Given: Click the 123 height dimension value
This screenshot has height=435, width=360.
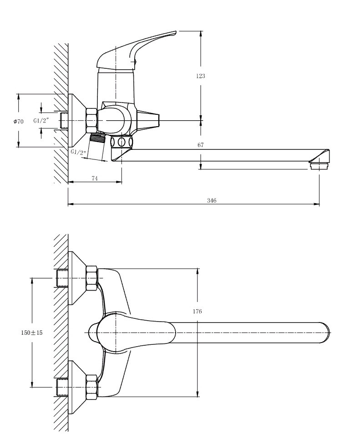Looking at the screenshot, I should [200, 76].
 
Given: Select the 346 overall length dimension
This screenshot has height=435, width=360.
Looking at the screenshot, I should [212, 200].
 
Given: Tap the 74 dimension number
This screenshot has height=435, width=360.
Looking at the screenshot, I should [95, 178].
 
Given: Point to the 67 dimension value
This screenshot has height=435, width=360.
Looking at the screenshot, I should [201, 145].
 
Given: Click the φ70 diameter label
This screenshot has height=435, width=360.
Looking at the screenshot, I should [18, 121].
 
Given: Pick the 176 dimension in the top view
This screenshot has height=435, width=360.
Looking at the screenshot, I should [198, 312].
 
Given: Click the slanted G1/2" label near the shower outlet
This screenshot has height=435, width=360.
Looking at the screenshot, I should [78, 152].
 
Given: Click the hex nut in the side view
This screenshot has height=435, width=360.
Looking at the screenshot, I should [92, 120].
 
